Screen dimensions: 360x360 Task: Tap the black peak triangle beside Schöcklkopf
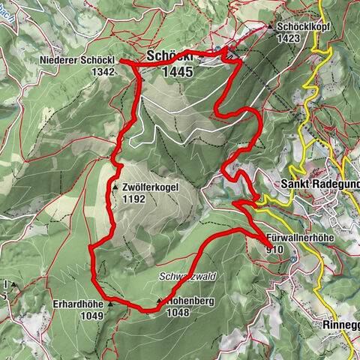tap(271, 26)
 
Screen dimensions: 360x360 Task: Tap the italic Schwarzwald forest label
tap(187, 276)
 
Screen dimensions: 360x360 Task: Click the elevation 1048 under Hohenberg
tap(178, 316)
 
